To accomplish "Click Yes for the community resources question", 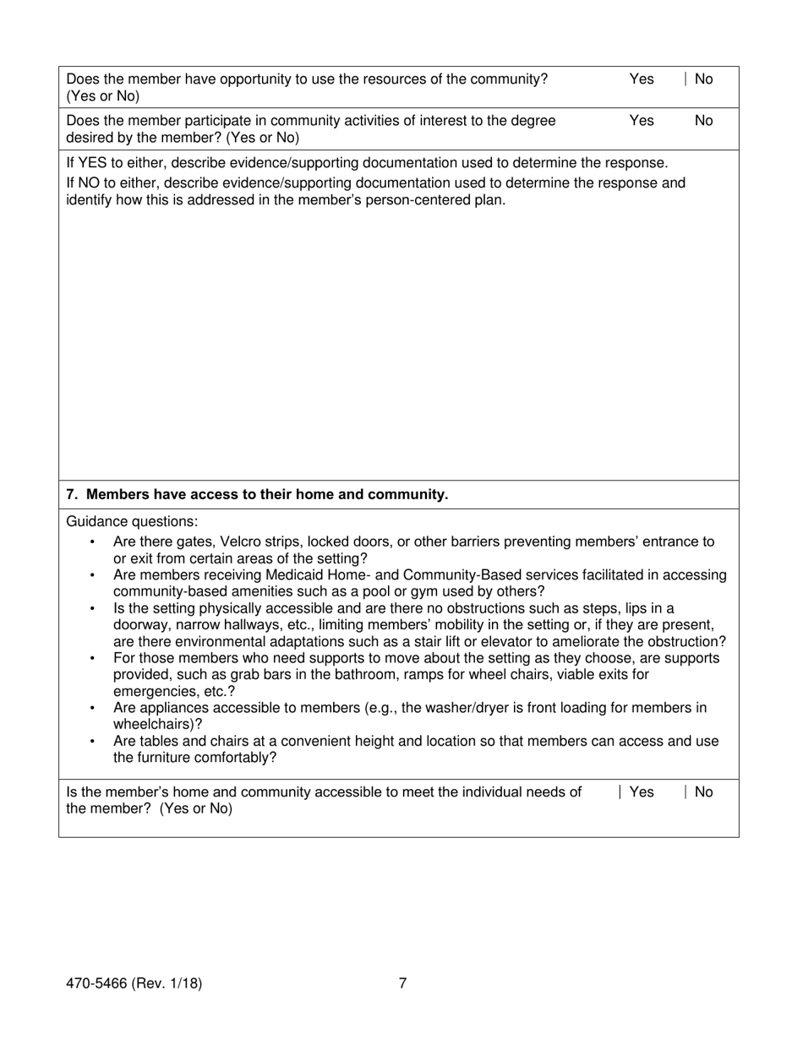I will (x=641, y=79).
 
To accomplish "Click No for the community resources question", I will (x=703, y=79).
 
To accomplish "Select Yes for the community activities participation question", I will (x=641, y=121).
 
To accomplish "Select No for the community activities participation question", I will (x=703, y=121).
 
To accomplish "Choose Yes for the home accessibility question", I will (x=641, y=792).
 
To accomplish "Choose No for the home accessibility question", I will (x=703, y=792).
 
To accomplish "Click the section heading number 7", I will (x=72, y=495).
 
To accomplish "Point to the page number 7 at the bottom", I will (x=402, y=983).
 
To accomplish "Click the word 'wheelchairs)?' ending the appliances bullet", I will (x=157, y=725).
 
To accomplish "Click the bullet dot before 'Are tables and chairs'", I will (x=92, y=742).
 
